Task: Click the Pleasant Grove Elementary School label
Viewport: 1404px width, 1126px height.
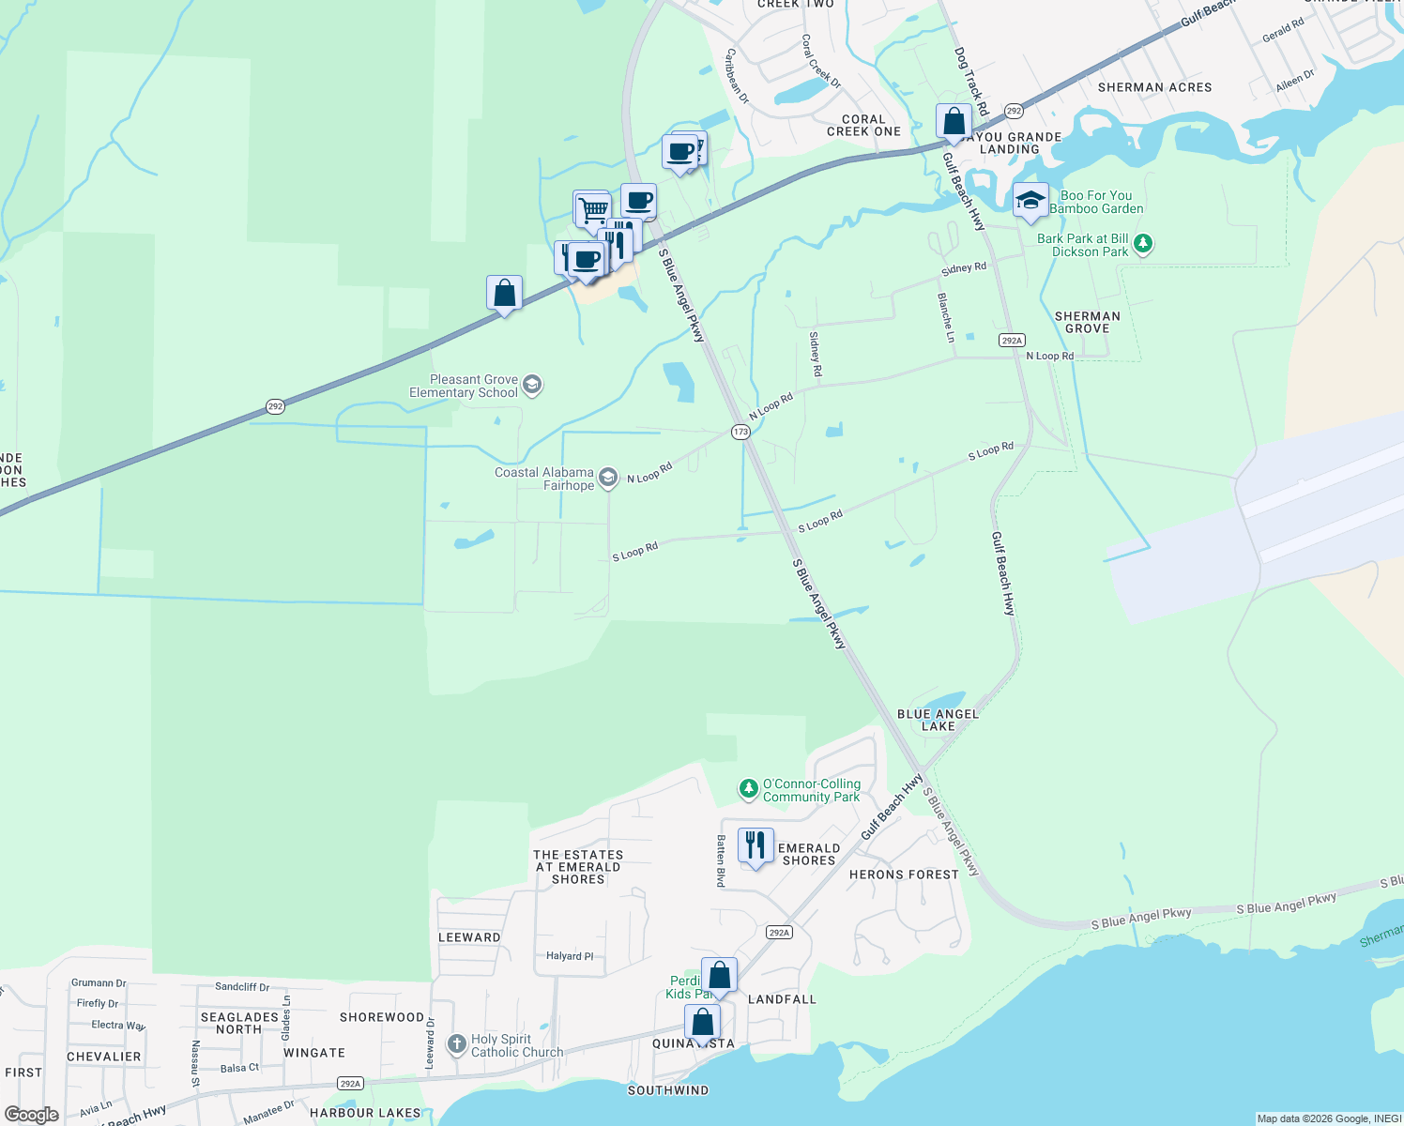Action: (473, 387)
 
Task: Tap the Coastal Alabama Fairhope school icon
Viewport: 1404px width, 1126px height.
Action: (608, 479)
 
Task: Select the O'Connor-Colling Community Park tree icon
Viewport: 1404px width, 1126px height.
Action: (748, 789)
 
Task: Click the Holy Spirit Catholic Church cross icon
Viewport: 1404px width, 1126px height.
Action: (457, 1044)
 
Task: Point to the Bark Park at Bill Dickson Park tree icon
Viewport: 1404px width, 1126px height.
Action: (1142, 244)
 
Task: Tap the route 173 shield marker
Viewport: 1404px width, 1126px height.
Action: (740, 432)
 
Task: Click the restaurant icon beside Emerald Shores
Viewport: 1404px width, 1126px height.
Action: (755, 846)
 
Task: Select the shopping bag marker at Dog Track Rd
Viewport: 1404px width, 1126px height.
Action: (954, 123)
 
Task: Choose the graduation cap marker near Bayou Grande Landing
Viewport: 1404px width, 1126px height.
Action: (1030, 201)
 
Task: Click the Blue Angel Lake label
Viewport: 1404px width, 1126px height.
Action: (938, 720)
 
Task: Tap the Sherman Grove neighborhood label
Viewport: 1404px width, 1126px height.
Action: (1087, 323)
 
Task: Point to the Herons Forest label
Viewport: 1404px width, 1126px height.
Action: (904, 875)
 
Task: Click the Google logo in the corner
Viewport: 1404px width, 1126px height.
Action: (32, 1115)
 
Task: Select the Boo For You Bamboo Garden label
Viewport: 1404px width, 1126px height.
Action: (1096, 203)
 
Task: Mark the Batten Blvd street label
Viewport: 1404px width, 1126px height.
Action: (721, 860)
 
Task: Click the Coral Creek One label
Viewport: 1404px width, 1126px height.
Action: (863, 126)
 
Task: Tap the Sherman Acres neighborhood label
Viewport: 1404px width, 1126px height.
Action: (1154, 87)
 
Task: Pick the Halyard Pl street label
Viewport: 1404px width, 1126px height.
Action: (570, 956)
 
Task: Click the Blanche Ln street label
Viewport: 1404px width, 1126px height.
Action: (946, 317)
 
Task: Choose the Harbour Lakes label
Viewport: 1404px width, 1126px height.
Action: (365, 1113)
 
